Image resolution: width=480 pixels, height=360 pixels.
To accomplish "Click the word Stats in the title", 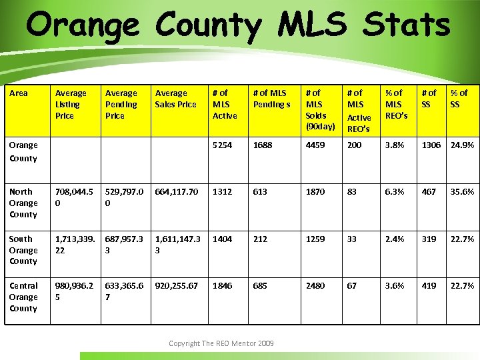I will click(x=406, y=25).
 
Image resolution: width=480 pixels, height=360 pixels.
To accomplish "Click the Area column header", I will click(x=19, y=93).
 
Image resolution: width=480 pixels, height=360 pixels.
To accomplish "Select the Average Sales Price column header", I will click(x=175, y=99).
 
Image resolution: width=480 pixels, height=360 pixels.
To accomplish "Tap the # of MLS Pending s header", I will click(x=271, y=99).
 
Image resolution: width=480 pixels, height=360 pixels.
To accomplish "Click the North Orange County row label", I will click(x=23, y=203).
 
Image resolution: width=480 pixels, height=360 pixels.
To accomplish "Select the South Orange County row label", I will click(x=23, y=250).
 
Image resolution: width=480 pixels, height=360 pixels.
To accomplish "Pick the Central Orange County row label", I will click(x=23, y=297).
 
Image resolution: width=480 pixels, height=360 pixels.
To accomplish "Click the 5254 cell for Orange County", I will click(x=222, y=145).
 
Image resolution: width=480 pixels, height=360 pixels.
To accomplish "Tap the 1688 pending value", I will click(x=263, y=145).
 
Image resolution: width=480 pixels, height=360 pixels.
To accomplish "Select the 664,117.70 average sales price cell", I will click(x=176, y=192).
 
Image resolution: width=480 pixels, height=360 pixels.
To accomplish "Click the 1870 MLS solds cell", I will click(x=315, y=192).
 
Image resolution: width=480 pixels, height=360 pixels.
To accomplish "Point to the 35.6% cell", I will click(x=462, y=192).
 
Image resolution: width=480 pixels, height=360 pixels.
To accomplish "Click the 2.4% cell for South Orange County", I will click(x=394, y=239).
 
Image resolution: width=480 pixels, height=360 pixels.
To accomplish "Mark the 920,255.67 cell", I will click(x=176, y=285).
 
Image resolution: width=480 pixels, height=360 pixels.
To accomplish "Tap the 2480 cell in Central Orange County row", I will click(x=315, y=285).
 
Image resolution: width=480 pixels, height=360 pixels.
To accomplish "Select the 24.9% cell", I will click(x=462, y=145).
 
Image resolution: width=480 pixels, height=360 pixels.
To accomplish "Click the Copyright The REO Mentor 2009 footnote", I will click(x=221, y=343).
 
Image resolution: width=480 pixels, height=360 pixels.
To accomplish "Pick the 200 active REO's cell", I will click(x=354, y=145).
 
